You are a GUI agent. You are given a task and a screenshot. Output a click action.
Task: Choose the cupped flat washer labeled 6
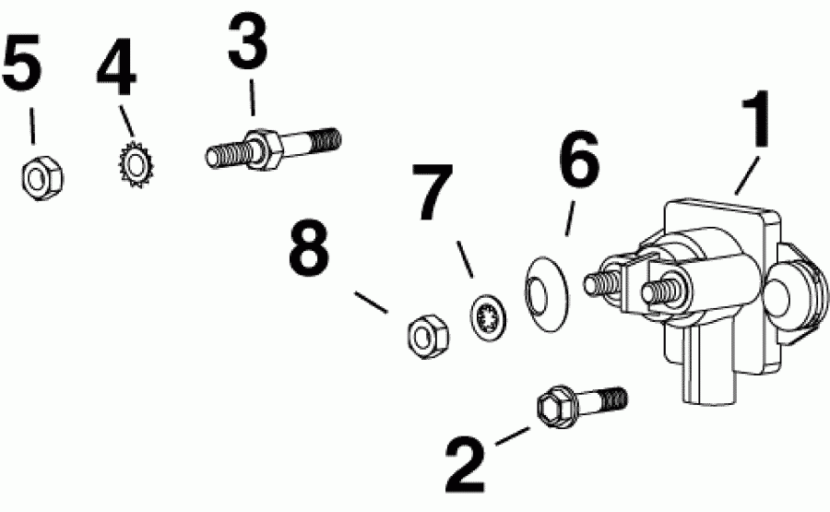pos(546,296)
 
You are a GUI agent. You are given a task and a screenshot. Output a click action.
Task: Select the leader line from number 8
pos(374,302)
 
